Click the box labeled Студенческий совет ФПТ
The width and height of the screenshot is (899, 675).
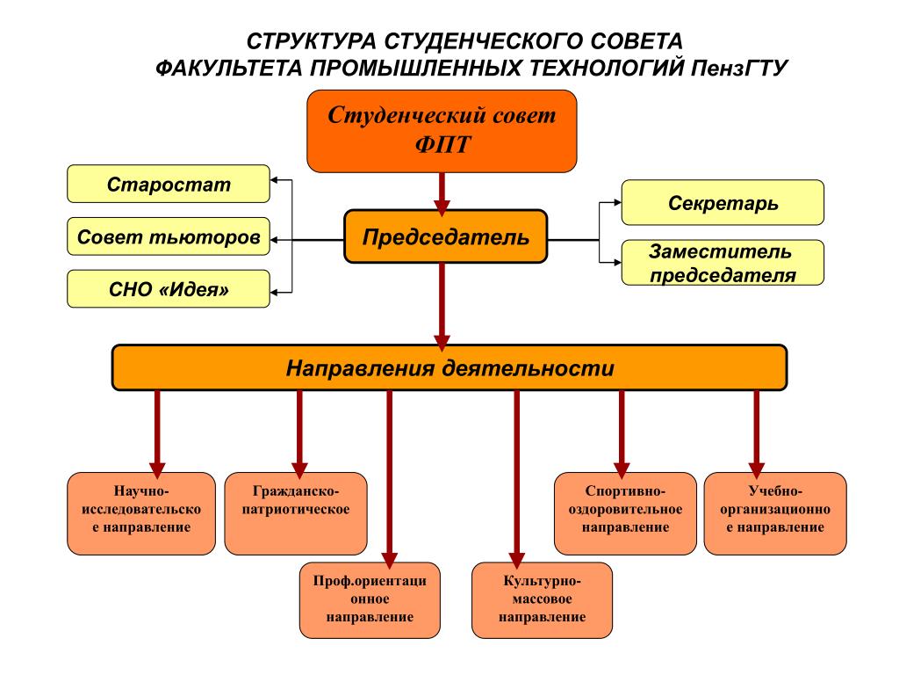[442, 131]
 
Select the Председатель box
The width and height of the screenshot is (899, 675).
[445, 236]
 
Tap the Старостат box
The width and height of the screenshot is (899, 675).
[169, 184]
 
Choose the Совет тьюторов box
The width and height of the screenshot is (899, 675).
[169, 236]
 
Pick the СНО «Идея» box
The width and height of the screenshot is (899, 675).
[169, 288]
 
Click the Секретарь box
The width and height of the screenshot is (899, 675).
[723, 203]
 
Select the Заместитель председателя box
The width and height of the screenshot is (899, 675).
[723, 263]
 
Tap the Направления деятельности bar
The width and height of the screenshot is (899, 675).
[449, 367]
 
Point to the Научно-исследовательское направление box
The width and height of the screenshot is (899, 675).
[141, 513]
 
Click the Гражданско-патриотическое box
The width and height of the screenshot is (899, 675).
[296, 513]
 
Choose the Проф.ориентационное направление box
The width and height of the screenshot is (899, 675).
[370, 600]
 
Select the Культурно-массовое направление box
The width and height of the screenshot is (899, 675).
[542, 600]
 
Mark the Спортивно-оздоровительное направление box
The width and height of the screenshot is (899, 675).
[625, 513]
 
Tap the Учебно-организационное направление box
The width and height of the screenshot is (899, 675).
[775, 513]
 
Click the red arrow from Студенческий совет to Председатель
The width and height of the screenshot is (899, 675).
[442, 194]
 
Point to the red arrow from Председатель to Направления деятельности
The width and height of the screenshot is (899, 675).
[442, 307]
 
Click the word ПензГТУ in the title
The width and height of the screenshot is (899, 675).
[739, 68]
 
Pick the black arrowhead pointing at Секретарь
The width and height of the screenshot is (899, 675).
[617, 202]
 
